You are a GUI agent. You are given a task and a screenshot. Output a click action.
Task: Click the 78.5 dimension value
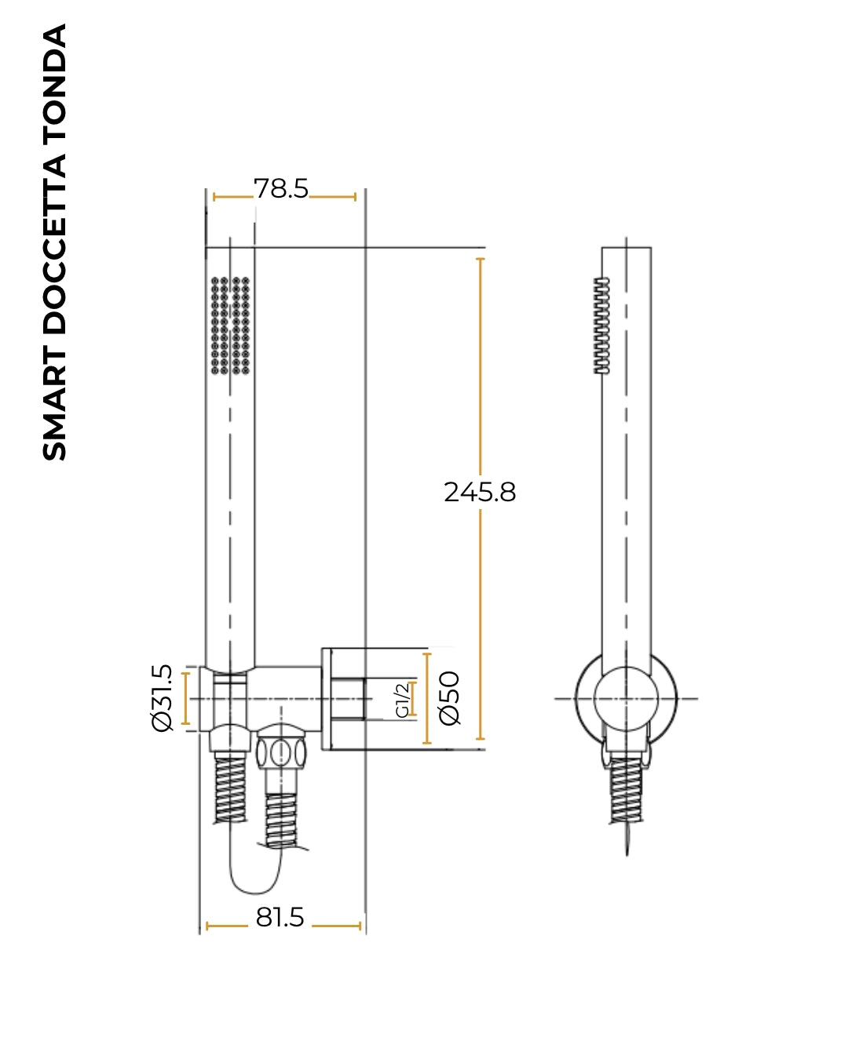coord(281,188)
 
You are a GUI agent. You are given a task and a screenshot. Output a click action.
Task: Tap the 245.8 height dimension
coord(480,492)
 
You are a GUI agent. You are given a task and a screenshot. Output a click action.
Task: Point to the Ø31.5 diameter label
coord(163,698)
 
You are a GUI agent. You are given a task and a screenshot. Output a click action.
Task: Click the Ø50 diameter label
coord(449,698)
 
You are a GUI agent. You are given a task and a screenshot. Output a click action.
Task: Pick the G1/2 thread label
coord(403,699)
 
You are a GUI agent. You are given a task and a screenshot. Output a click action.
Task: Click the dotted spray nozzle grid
coord(230,326)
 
